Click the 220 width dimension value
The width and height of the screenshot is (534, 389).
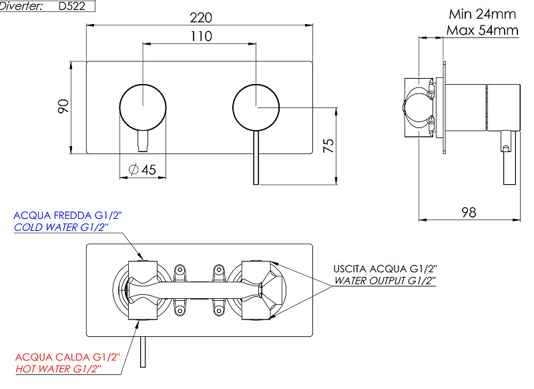(201, 17)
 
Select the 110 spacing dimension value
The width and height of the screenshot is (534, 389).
(202, 36)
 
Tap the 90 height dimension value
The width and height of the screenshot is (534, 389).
(63, 106)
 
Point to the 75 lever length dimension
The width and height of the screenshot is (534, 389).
(328, 145)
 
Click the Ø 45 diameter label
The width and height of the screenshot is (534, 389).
(142, 169)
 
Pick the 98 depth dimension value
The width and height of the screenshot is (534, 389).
(469, 212)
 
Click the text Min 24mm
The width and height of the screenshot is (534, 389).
(482, 14)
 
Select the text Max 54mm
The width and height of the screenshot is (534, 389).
(483, 30)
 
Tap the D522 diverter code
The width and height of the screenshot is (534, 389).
(72, 6)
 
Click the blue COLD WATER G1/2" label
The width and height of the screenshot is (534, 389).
(61, 227)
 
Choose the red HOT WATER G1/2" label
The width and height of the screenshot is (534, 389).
(58, 368)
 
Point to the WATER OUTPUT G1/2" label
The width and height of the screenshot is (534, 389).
(385, 280)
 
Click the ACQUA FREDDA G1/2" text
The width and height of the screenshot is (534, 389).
(67, 216)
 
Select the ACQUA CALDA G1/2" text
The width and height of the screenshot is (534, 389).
(68, 357)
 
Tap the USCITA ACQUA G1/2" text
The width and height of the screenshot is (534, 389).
(385, 269)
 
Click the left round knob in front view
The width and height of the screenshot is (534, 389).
(143, 107)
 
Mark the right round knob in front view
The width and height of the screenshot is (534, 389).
(256, 107)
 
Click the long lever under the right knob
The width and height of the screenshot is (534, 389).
(256, 157)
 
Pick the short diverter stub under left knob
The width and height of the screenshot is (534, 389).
(143, 141)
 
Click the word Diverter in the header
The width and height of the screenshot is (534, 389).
(21, 6)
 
